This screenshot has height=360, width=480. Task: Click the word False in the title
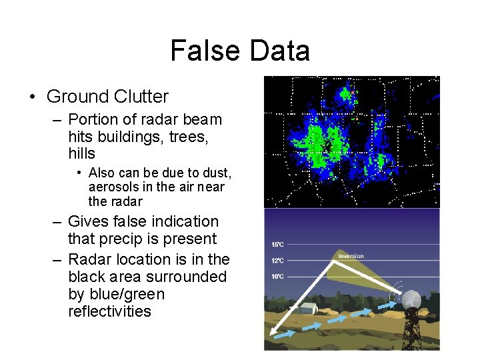[x=203, y=51]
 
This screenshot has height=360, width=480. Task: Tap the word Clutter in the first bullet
[x=137, y=97]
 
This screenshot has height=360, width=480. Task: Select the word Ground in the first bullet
[x=73, y=97]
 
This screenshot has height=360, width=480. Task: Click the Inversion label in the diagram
[x=351, y=256]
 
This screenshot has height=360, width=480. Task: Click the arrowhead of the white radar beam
[x=275, y=331]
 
